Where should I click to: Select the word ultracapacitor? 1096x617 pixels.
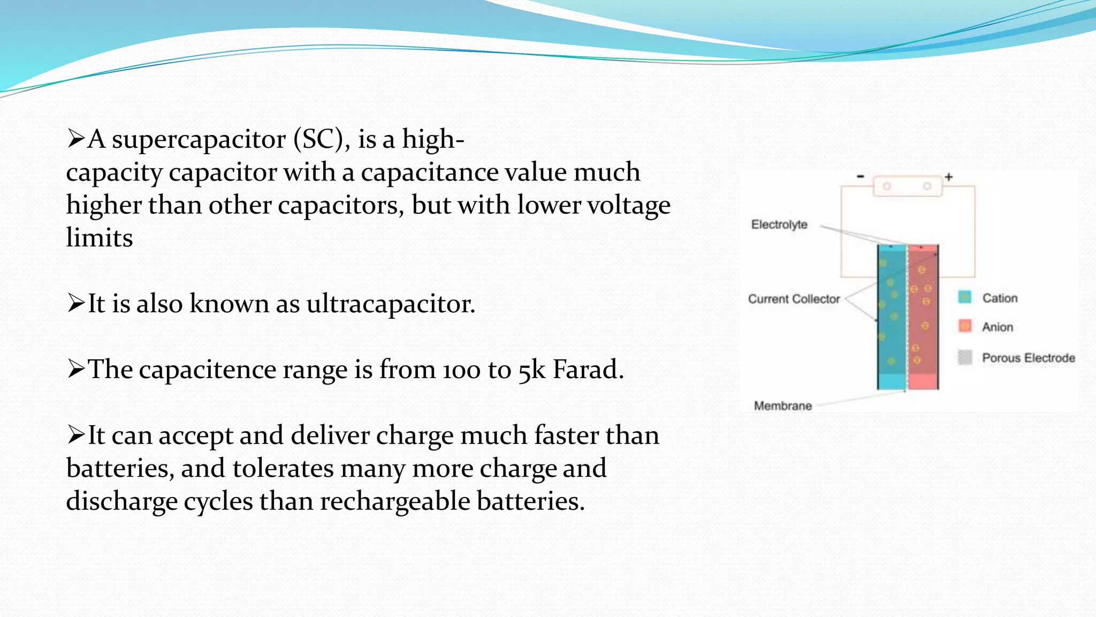tap(391, 304)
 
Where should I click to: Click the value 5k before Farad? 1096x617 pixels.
tap(532, 370)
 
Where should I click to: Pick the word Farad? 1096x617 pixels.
tap(588, 370)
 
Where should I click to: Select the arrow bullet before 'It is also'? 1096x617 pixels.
tap(75, 304)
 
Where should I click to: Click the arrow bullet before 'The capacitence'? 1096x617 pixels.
tap(75, 370)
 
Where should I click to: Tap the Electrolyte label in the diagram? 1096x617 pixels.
tap(779, 224)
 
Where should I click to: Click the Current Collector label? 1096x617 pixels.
tap(794, 299)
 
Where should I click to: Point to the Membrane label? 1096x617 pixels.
tap(782, 405)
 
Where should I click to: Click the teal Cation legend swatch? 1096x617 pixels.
tap(964, 297)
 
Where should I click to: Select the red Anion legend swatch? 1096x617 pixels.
tap(964, 326)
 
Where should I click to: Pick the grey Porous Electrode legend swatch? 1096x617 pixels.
tap(964, 357)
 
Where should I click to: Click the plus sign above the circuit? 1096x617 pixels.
tap(949, 177)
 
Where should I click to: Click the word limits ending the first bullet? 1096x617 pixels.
tap(100, 238)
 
